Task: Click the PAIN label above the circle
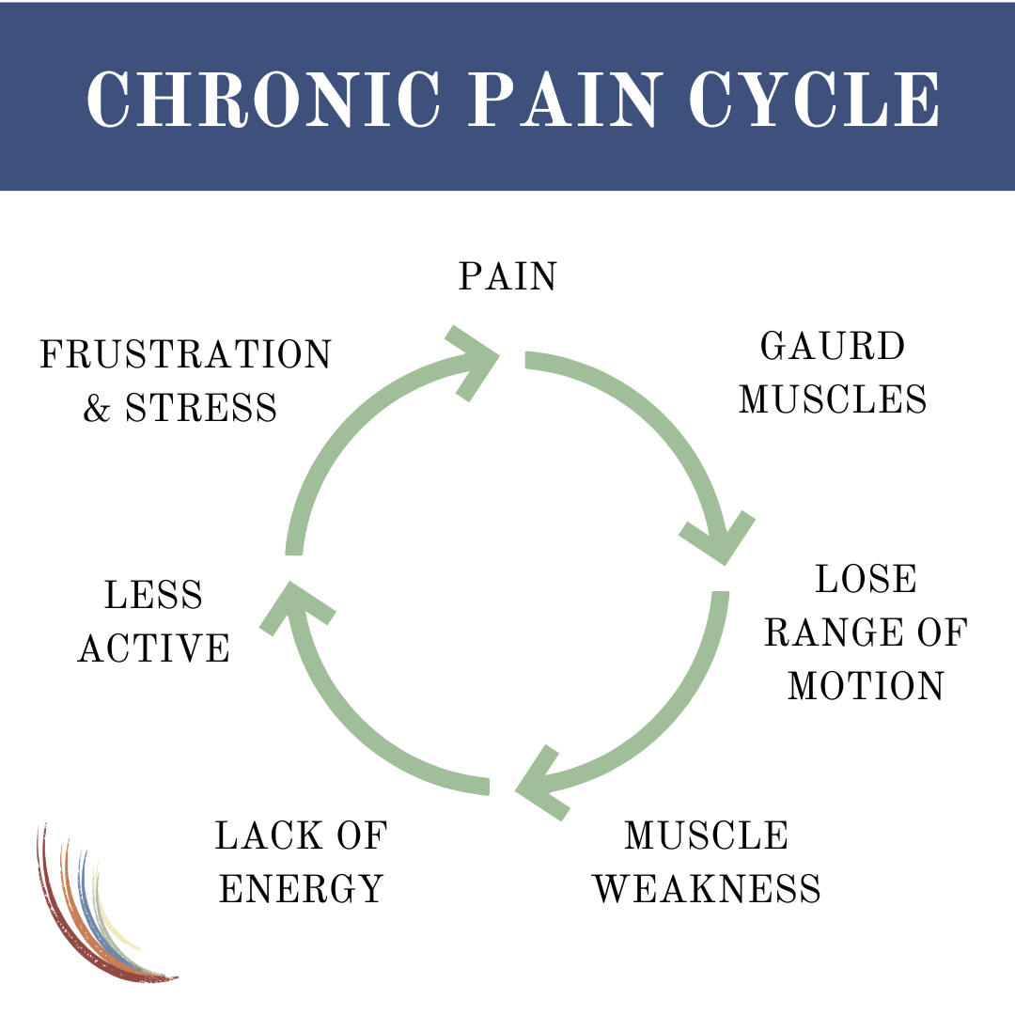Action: (x=507, y=277)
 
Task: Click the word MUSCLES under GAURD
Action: (x=833, y=399)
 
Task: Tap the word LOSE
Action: (x=866, y=580)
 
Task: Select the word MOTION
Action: (x=866, y=687)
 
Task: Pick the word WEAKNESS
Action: (x=707, y=888)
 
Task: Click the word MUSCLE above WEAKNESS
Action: (x=707, y=835)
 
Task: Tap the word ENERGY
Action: (x=301, y=888)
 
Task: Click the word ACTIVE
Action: (x=154, y=648)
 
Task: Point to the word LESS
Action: (x=154, y=596)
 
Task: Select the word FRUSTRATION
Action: (x=186, y=356)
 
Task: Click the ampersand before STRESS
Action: (x=97, y=409)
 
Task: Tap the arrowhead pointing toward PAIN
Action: (x=475, y=362)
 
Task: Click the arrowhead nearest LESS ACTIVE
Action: (x=293, y=606)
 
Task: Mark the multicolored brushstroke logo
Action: (x=99, y=907)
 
